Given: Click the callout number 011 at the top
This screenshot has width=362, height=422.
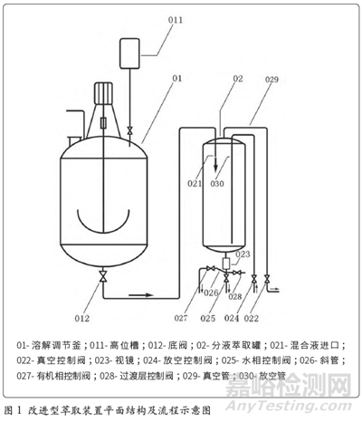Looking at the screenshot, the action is (176, 20).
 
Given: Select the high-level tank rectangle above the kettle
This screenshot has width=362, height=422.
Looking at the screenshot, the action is (129, 53).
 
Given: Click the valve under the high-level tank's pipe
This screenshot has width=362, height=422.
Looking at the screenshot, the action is (129, 131).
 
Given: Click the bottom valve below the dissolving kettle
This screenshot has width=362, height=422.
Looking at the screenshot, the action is (103, 276).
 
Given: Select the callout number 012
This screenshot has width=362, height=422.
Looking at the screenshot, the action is (82, 318).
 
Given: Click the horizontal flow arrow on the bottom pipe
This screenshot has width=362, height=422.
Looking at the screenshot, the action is (141, 295).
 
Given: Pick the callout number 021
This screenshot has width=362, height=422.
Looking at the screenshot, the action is (195, 183).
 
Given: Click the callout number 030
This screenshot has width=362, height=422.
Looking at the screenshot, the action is (217, 183).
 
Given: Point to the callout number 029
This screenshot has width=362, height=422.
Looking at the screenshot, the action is (271, 80).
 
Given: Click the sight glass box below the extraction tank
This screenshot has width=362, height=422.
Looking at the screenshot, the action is (226, 264).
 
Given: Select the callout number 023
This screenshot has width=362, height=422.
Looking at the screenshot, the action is (243, 254).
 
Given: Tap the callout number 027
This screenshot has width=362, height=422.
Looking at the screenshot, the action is (181, 318).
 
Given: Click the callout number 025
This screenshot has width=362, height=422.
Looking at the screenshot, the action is (208, 318).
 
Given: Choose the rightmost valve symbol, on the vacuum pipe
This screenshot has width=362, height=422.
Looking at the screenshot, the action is (267, 278).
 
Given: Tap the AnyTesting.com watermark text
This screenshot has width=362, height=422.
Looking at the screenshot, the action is (289, 406).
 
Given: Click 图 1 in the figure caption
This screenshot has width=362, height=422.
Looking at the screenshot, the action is (13, 410).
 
